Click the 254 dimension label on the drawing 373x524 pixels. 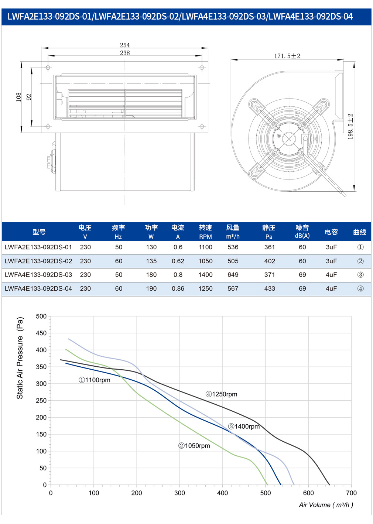point(125,45)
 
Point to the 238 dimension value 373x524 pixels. point(125,53)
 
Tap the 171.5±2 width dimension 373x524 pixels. point(287,56)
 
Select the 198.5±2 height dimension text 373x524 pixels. point(350,127)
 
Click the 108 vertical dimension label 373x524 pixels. point(18,97)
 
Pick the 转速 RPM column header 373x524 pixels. point(205,232)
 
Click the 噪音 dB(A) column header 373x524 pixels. point(302,232)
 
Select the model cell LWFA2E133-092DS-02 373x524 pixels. point(38,261)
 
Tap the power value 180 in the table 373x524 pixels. point(151,275)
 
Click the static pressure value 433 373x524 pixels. point(270,288)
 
